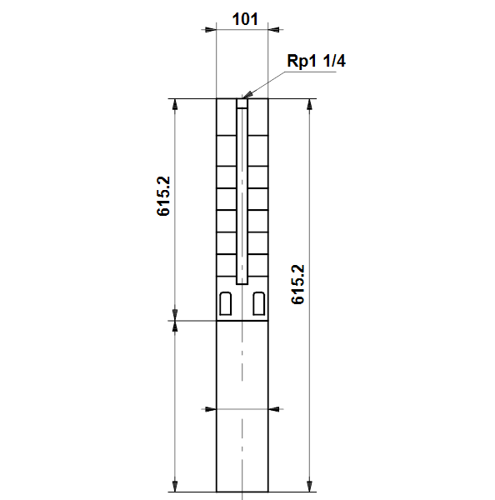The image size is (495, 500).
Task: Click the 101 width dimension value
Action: [x=245, y=19]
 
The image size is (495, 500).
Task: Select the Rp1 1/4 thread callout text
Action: [x=316, y=61]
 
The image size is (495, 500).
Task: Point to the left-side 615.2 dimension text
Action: [x=163, y=196]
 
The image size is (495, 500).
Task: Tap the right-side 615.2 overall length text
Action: [x=297, y=284]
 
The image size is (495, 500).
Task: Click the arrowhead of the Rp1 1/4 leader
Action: [x=247, y=94]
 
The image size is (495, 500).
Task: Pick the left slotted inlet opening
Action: [x=226, y=303]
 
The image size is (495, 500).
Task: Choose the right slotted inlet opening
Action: [x=258, y=303]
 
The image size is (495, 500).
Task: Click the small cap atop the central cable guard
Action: [x=242, y=103]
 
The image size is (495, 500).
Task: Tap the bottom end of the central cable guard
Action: [x=242, y=284]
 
